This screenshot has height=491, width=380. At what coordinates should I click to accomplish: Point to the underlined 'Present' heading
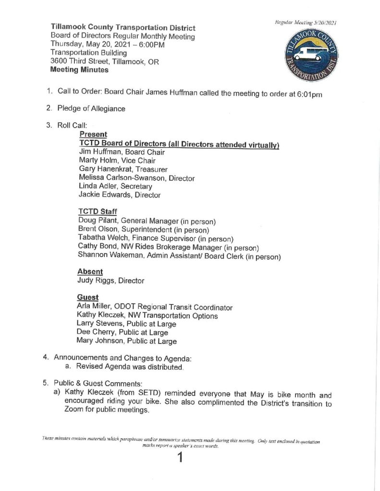point(93,135)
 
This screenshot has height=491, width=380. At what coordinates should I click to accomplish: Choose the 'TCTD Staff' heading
point(98,211)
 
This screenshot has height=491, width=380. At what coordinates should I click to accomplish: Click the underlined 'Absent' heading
point(90,271)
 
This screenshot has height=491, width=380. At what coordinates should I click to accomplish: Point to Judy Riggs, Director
point(110,281)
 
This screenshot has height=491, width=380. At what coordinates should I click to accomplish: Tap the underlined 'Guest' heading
point(88,297)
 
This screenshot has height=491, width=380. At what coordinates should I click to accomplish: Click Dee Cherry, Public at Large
point(122,333)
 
